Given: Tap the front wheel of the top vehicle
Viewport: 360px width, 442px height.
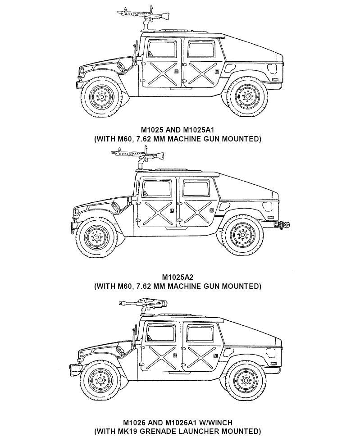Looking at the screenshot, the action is (101, 97).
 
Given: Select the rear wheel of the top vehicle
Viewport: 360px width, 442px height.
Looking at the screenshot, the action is (247, 96).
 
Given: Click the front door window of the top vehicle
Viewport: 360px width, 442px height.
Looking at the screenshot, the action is (162, 50).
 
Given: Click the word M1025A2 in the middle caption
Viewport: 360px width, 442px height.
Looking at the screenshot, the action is (178, 277).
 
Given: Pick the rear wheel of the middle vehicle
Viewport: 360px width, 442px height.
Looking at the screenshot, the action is (242, 235).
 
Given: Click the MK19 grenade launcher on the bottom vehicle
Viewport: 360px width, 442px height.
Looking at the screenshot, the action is (143, 304).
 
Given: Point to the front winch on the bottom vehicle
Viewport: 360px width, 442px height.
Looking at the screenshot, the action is (74, 370).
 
